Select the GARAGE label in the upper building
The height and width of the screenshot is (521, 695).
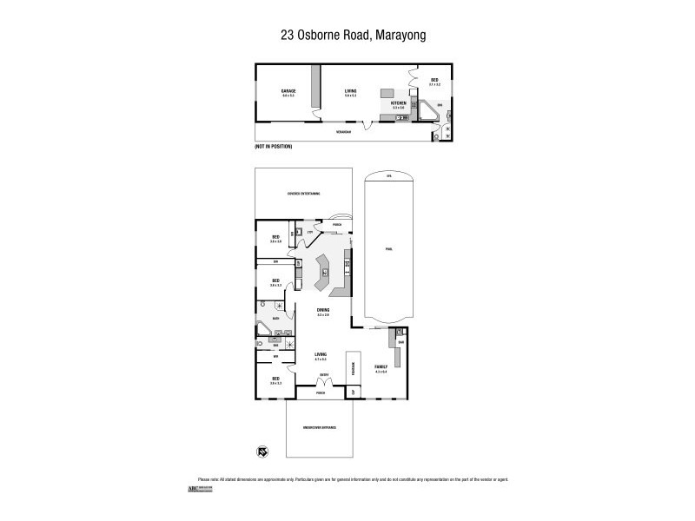click(288, 91)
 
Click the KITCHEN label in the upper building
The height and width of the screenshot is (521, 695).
click(399, 102)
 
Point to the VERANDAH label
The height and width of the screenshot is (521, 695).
click(344, 131)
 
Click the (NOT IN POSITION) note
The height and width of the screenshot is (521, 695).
click(273, 147)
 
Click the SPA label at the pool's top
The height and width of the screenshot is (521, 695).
click(388, 177)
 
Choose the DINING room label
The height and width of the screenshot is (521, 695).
click(322, 310)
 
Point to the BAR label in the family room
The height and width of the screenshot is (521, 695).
click(401, 341)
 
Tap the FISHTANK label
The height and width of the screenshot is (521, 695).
click(354, 368)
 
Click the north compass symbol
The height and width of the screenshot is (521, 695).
click(261, 451)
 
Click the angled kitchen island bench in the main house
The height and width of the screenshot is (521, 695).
click(322, 274)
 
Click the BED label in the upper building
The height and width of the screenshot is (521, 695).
click(435, 80)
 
